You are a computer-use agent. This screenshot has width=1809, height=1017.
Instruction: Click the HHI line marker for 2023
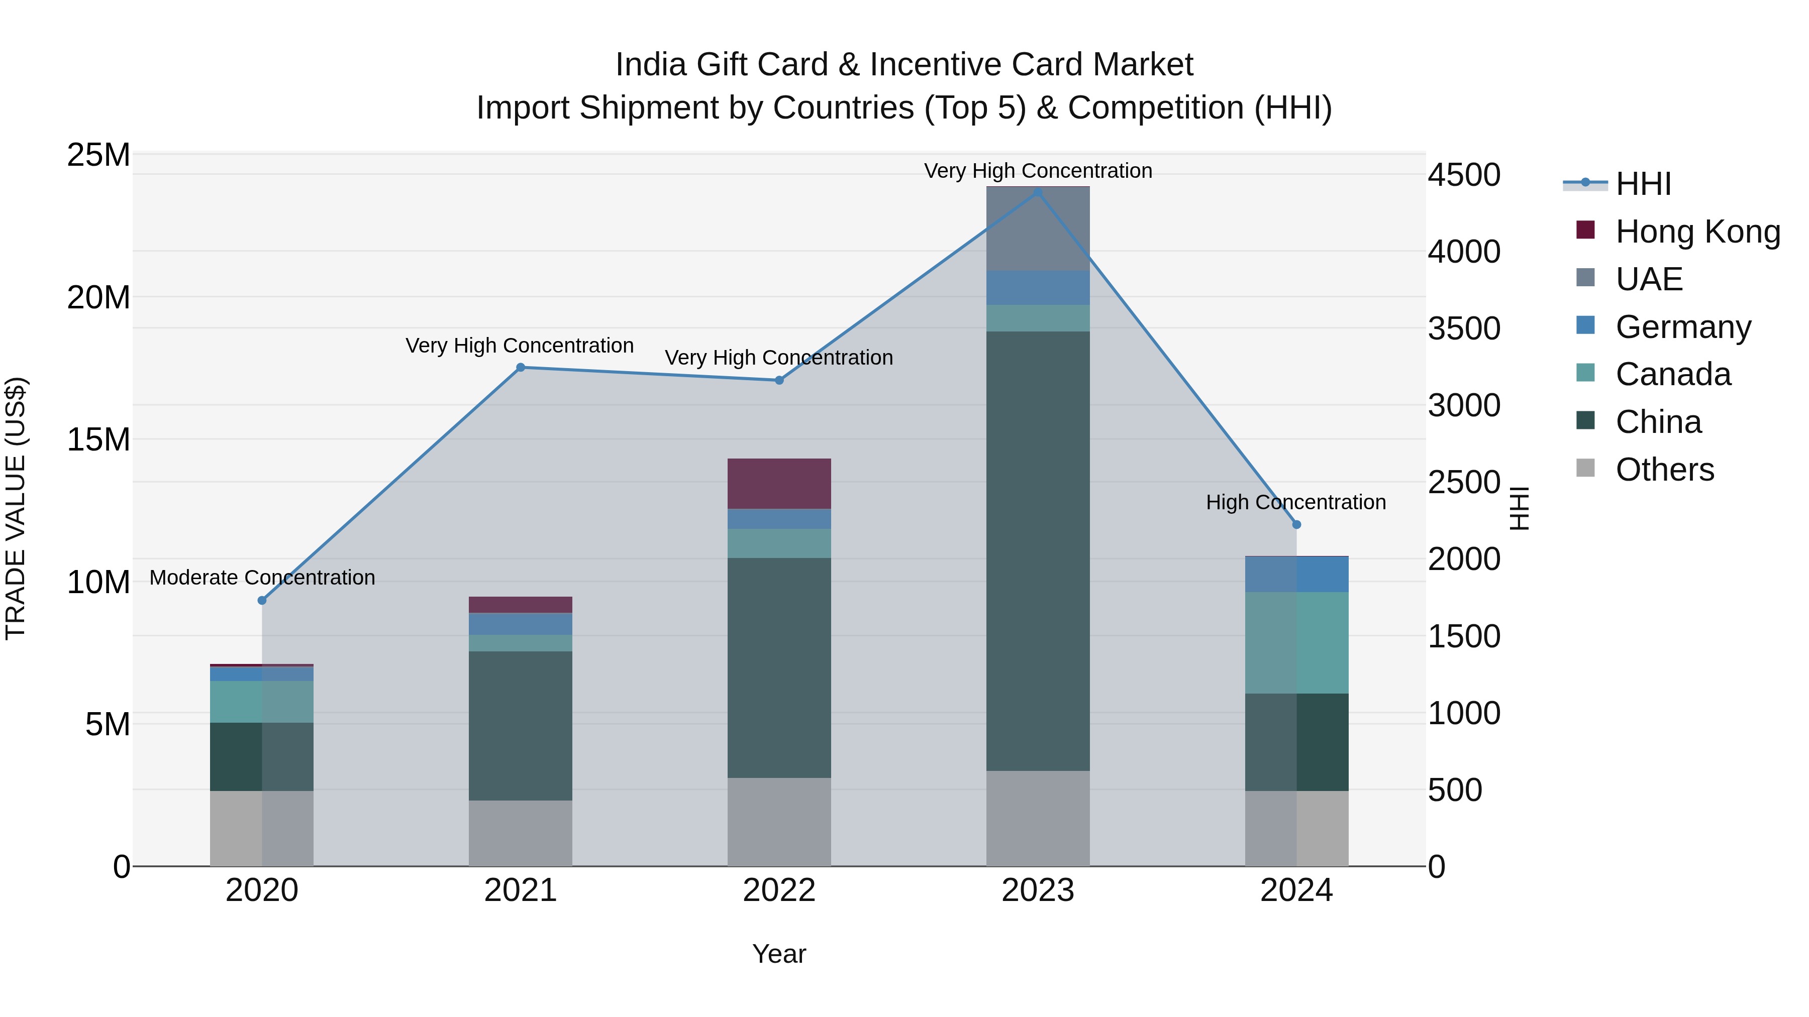click(x=1038, y=192)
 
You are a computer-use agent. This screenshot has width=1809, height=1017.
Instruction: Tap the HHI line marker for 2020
click(x=262, y=600)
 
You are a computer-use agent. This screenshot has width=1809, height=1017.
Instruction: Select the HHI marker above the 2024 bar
click(x=1296, y=524)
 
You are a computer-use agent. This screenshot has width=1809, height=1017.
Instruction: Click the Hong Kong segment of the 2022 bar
click(x=779, y=484)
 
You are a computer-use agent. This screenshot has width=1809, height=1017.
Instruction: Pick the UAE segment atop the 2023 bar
click(x=1038, y=229)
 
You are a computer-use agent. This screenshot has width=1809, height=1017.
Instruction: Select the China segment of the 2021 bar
click(x=521, y=725)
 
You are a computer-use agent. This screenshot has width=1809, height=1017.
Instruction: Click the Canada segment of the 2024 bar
click(x=1296, y=642)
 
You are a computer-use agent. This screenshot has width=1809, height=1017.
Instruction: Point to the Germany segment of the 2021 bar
click(x=521, y=623)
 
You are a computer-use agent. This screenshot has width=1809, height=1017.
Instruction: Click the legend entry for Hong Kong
click(x=1697, y=232)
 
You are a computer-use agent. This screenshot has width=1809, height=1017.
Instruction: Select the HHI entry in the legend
click(x=1643, y=184)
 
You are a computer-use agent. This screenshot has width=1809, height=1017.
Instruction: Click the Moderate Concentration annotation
click(x=262, y=578)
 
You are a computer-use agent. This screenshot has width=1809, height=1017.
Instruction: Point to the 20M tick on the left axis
click(x=98, y=298)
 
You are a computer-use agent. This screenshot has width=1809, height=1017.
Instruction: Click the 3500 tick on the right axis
click(x=1464, y=328)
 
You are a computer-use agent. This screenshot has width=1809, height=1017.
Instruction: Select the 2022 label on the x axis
click(x=779, y=890)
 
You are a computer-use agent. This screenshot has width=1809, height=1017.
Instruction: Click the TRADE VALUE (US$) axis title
click(x=16, y=508)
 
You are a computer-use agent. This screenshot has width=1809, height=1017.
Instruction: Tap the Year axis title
click(x=779, y=954)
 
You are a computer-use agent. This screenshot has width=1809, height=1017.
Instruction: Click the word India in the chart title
click(x=650, y=65)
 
